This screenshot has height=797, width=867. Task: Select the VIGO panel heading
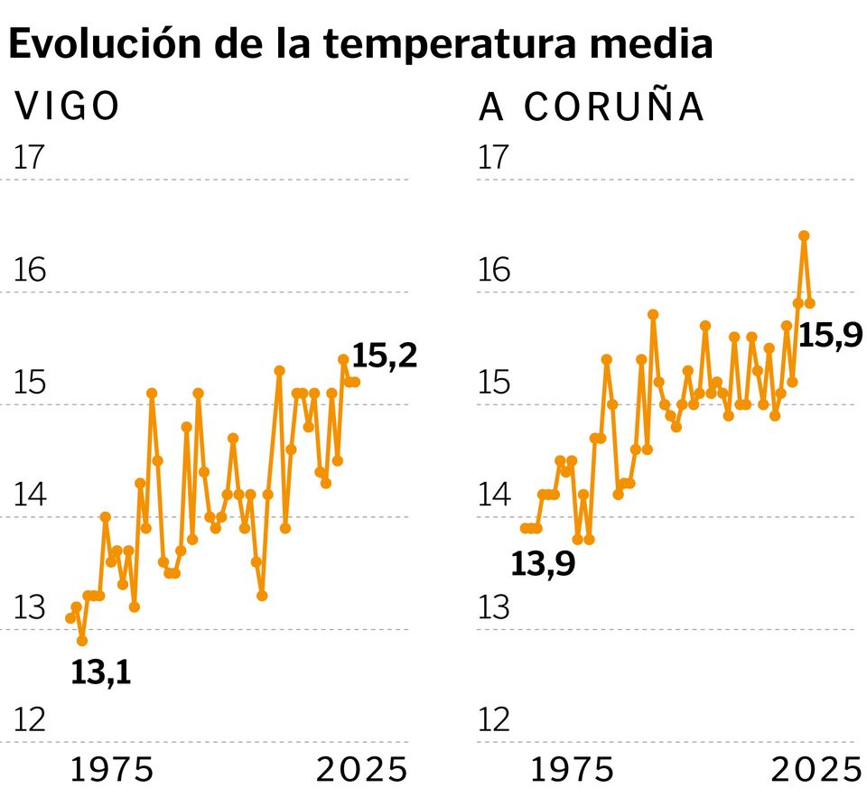pos(68,107)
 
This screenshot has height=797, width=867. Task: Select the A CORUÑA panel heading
pos(591,107)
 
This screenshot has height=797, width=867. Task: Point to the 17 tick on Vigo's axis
pos(29,157)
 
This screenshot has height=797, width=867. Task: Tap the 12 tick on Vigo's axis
pos(29,719)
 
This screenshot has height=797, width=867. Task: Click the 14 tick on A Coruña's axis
pos(492,495)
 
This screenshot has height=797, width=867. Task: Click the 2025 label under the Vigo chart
pos(361,770)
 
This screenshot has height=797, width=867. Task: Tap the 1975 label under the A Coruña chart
pos(573,770)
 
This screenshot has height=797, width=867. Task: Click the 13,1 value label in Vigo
pos(101,672)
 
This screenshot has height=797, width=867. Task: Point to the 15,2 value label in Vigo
pos(385,356)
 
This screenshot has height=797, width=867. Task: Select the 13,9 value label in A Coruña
pos(544,565)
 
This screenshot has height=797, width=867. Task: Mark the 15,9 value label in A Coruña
pos(831,336)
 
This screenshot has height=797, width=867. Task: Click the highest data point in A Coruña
pos(804,236)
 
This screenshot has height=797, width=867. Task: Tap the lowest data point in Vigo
pos(82,641)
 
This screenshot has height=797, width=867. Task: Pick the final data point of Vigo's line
pos(355,382)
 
